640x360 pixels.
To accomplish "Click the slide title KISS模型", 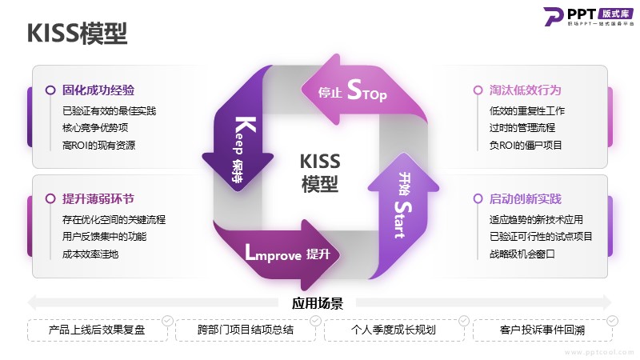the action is click(x=77, y=33).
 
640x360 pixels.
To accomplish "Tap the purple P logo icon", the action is click(x=554, y=16).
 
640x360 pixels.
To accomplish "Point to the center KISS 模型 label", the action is click(x=320, y=173).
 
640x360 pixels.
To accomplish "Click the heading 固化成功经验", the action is click(x=98, y=90).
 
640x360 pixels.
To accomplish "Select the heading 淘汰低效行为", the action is click(x=526, y=90).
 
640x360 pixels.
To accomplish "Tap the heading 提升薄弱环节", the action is click(x=98, y=198).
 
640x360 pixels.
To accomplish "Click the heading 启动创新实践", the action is click(x=526, y=198).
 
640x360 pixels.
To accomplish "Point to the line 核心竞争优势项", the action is click(x=95, y=128).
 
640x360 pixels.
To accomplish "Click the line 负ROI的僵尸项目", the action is click(x=526, y=145).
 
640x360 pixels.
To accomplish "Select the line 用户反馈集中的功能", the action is click(x=104, y=236).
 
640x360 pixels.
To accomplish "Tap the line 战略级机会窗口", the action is click(x=522, y=254).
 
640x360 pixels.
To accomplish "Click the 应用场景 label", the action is click(x=317, y=303).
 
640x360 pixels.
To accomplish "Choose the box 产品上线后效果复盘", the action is click(x=98, y=330).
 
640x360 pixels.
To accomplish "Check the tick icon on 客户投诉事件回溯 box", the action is click(x=612, y=321).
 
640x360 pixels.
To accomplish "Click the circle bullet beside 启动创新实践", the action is click(x=478, y=198).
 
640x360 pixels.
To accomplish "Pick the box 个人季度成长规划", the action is click(x=394, y=330).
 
